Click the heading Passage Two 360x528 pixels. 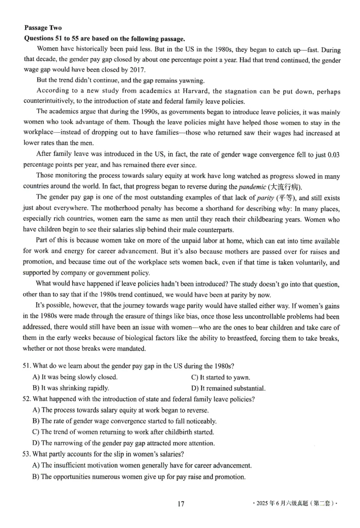tap(43, 28)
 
